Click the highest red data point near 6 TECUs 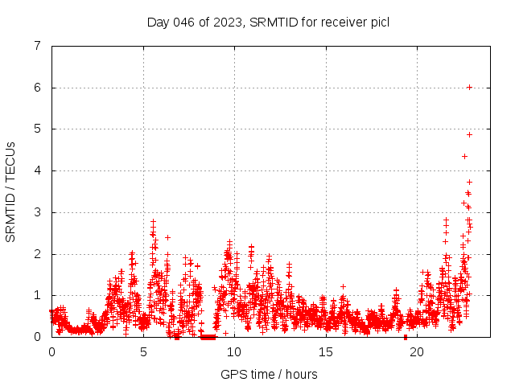(x=469, y=87)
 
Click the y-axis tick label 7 (x=38, y=46)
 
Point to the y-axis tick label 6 (x=38, y=88)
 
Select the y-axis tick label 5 (x=38, y=129)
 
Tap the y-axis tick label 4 (x=38, y=170)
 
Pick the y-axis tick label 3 (x=38, y=212)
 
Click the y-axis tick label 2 (x=38, y=254)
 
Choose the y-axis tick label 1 (x=38, y=295)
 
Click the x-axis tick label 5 (x=143, y=351)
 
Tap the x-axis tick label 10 (x=234, y=351)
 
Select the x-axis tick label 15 (x=326, y=351)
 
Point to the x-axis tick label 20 (x=417, y=351)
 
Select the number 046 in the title (x=184, y=22)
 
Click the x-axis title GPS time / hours (x=269, y=374)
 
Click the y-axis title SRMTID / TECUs (x=11, y=191)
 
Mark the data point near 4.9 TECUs (x=469, y=134)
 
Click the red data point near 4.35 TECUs (x=464, y=156)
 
